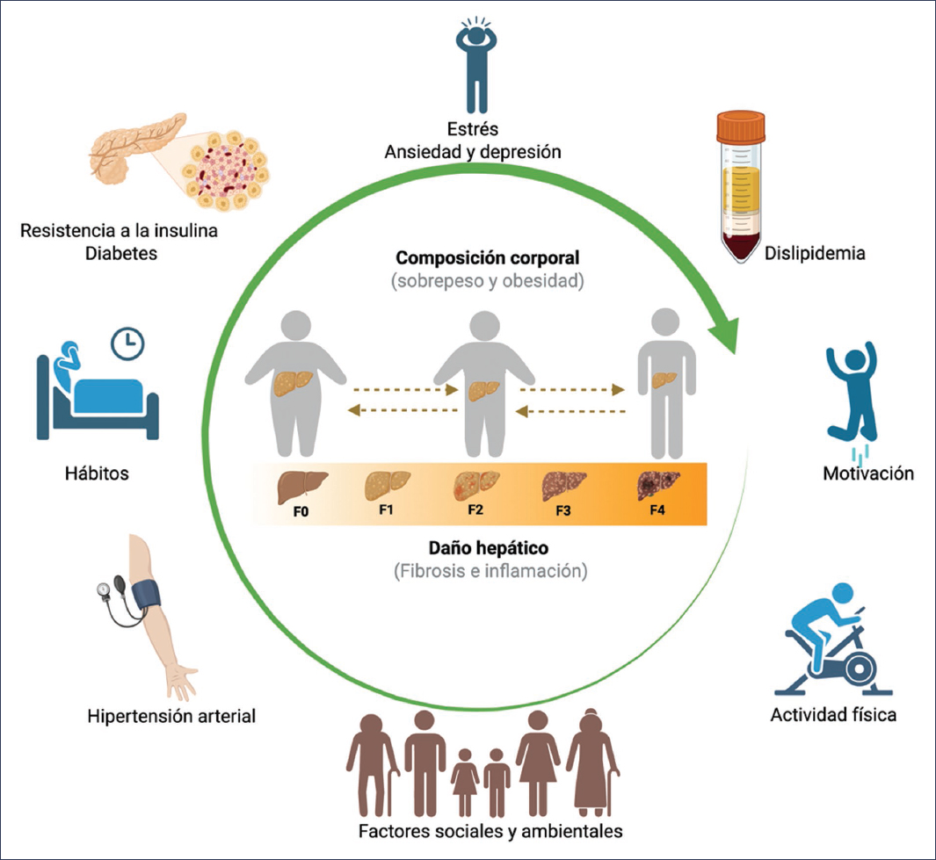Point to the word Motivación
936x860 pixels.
pos(868,473)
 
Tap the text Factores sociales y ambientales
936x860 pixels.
pos(491,831)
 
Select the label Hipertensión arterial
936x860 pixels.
pos(171,716)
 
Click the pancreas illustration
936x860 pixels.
pos(131,154)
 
